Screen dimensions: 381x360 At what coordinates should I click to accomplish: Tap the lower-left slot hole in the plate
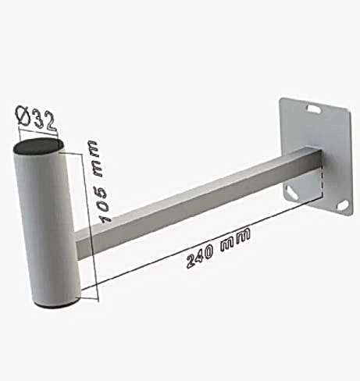[x=291, y=192]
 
